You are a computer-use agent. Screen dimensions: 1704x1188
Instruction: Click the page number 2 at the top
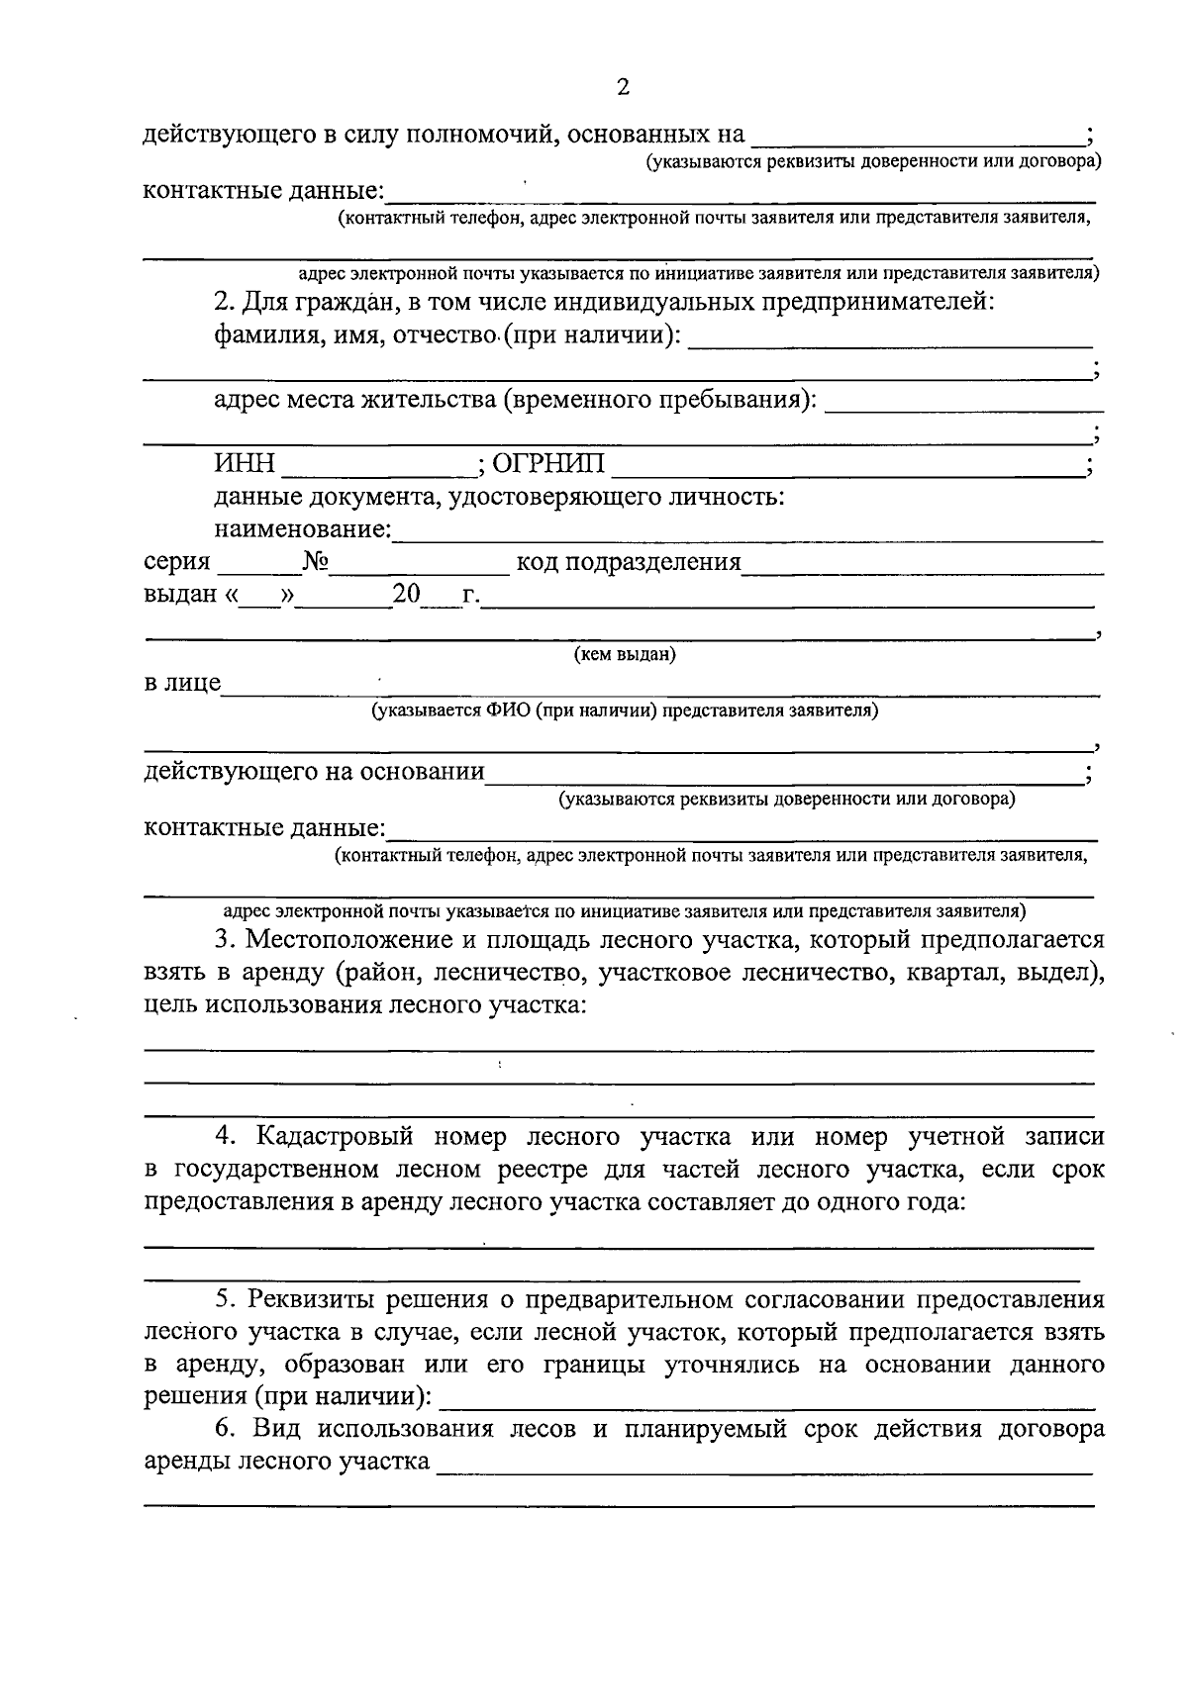tap(623, 87)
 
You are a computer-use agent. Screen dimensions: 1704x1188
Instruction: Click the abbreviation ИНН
tap(244, 464)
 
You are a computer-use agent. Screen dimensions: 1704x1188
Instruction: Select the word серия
tap(177, 562)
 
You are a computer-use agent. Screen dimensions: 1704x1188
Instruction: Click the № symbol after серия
tap(316, 562)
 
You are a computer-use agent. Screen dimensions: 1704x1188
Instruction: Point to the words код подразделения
tap(628, 562)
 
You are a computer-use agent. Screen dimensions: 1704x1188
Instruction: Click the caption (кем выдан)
tap(625, 654)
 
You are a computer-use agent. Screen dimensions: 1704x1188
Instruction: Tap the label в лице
tap(182, 683)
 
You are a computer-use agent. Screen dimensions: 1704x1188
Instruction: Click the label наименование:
tap(302, 529)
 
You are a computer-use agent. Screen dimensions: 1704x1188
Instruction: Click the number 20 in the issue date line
tap(406, 594)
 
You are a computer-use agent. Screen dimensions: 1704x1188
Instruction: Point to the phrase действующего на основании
tap(314, 771)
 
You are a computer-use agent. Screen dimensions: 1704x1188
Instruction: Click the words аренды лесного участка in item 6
tap(286, 1462)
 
